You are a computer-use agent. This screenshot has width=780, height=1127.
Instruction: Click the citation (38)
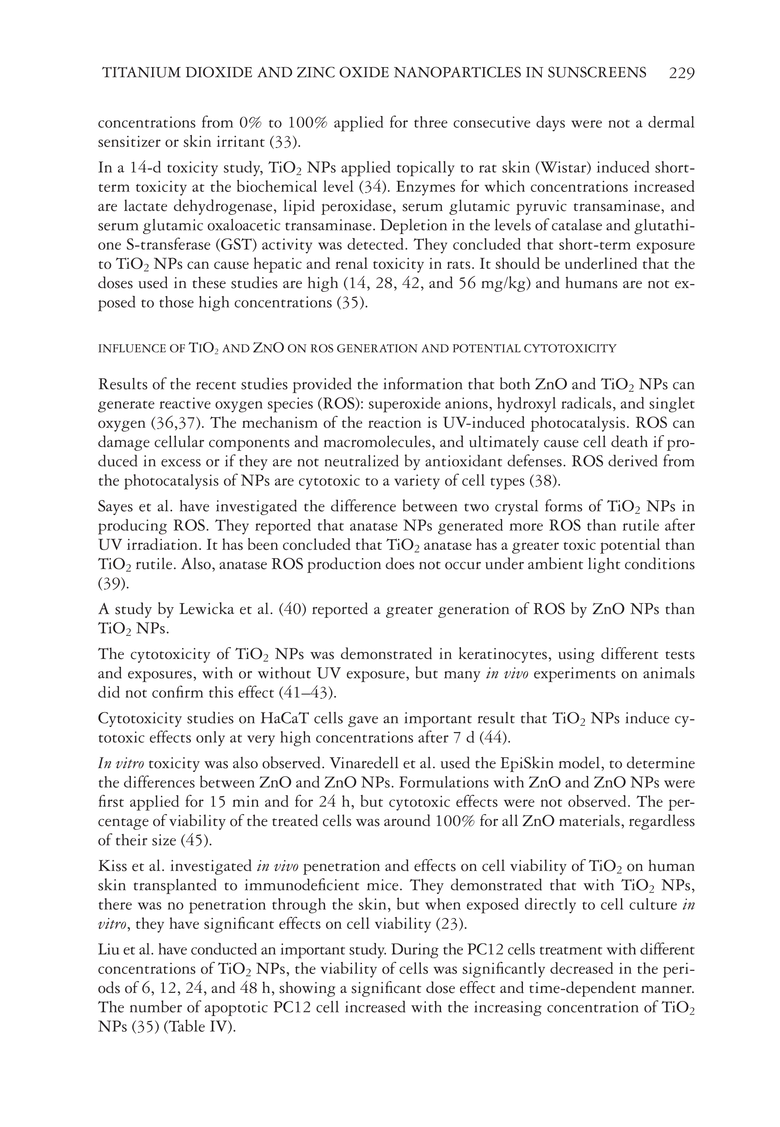546,481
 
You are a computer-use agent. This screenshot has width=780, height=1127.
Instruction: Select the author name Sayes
116,506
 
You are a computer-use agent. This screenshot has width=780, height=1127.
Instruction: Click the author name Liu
109,949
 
